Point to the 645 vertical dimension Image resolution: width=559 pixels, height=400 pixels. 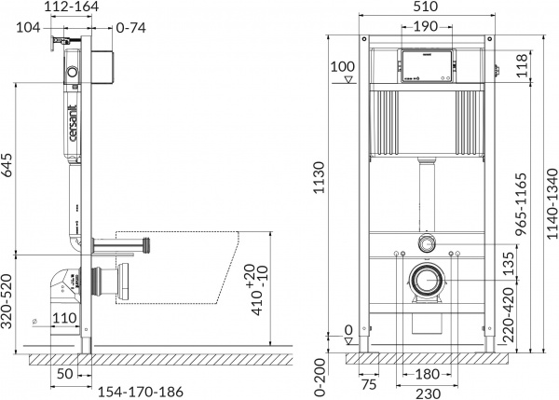pyautogui.click(x=9, y=166)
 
